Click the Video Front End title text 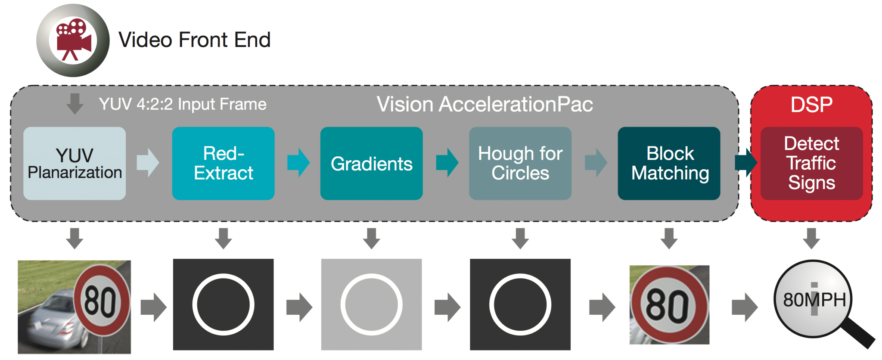point(194,40)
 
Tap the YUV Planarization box point(75,163)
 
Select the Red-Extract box point(223,163)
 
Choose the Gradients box point(371,163)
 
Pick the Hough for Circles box point(520,163)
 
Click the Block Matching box point(669,163)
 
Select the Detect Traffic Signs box point(811,163)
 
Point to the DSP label point(811,105)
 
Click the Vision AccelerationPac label point(484,104)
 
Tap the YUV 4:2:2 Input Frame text point(183,104)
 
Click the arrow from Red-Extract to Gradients point(298,163)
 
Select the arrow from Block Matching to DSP point(745,163)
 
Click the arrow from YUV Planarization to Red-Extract point(148,163)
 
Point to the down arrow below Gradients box point(371,238)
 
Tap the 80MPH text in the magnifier point(814,300)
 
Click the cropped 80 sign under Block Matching point(669,304)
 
